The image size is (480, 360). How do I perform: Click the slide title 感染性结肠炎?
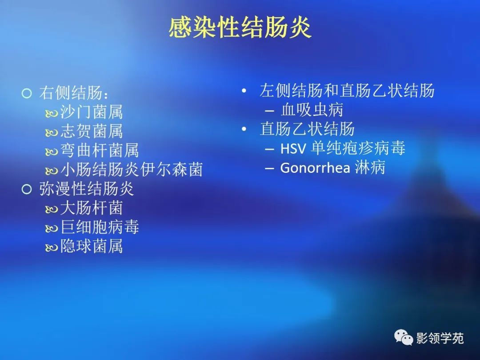point(240,28)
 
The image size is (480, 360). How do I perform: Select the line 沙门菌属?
point(92,112)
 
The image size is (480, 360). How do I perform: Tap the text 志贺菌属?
point(92,131)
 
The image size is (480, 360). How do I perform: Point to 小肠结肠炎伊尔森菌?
point(132,169)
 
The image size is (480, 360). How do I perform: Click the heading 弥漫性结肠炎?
point(86,189)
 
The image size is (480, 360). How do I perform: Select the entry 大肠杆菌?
point(92,208)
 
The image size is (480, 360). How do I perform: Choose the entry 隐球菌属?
point(92,246)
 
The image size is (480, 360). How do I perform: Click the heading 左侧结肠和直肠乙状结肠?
point(347,91)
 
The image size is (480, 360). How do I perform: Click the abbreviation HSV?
point(293,148)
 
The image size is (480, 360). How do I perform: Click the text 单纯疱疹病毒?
point(358,148)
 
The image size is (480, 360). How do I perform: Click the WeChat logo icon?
point(404,338)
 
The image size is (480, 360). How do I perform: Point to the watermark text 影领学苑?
point(440,338)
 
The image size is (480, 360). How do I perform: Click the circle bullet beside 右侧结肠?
point(27,93)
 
